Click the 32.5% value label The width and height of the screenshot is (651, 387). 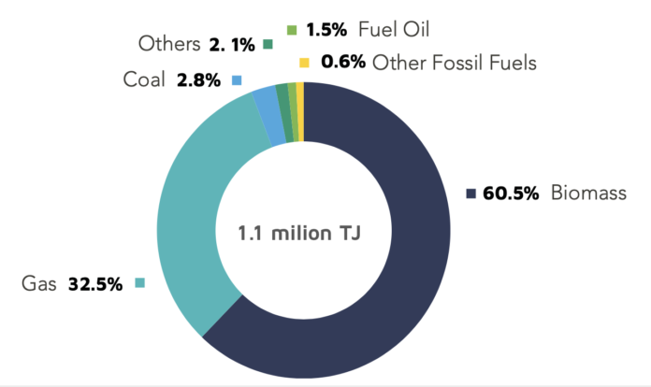click(x=95, y=283)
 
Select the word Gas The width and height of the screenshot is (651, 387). click(x=40, y=283)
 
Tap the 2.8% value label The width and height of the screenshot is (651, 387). click(x=198, y=79)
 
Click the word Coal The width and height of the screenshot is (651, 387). click(x=145, y=79)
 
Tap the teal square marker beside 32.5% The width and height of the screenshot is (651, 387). click(x=139, y=282)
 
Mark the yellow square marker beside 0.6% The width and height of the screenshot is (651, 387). click(x=303, y=63)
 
